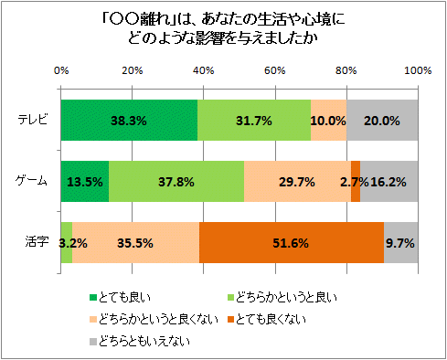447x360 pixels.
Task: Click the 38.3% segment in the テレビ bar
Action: click(x=129, y=120)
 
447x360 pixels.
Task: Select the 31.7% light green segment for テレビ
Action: click(x=254, y=120)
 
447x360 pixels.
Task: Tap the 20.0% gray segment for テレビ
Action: click(x=382, y=120)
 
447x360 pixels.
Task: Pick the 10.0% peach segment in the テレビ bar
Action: click(x=328, y=120)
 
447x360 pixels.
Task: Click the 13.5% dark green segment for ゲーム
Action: click(x=85, y=181)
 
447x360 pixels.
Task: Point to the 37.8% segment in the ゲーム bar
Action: click(x=176, y=181)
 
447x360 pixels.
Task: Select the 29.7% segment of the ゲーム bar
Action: click(x=297, y=181)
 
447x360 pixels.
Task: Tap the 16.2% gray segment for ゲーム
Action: click(x=389, y=181)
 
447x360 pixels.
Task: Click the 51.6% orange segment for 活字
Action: click(x=291, y=243)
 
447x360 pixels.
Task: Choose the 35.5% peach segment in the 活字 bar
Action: click(x=135, y=243)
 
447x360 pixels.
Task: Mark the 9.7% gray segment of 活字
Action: click(x=400, y=243)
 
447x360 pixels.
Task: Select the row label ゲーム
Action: click(x=35, y=181)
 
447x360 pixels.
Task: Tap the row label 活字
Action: click(x=38, y=243)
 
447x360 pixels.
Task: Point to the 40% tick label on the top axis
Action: click(x=204, y=70)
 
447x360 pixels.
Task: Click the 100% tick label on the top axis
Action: click(x=417, y=70)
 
